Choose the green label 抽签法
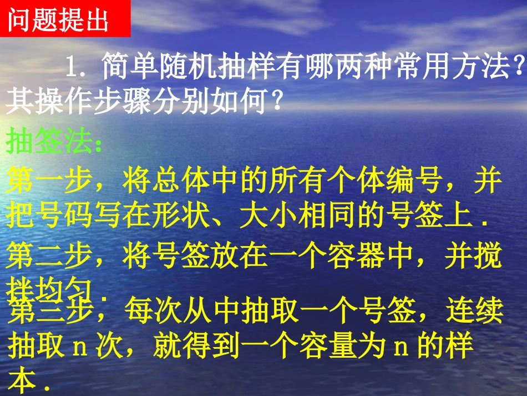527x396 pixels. (53, 143)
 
